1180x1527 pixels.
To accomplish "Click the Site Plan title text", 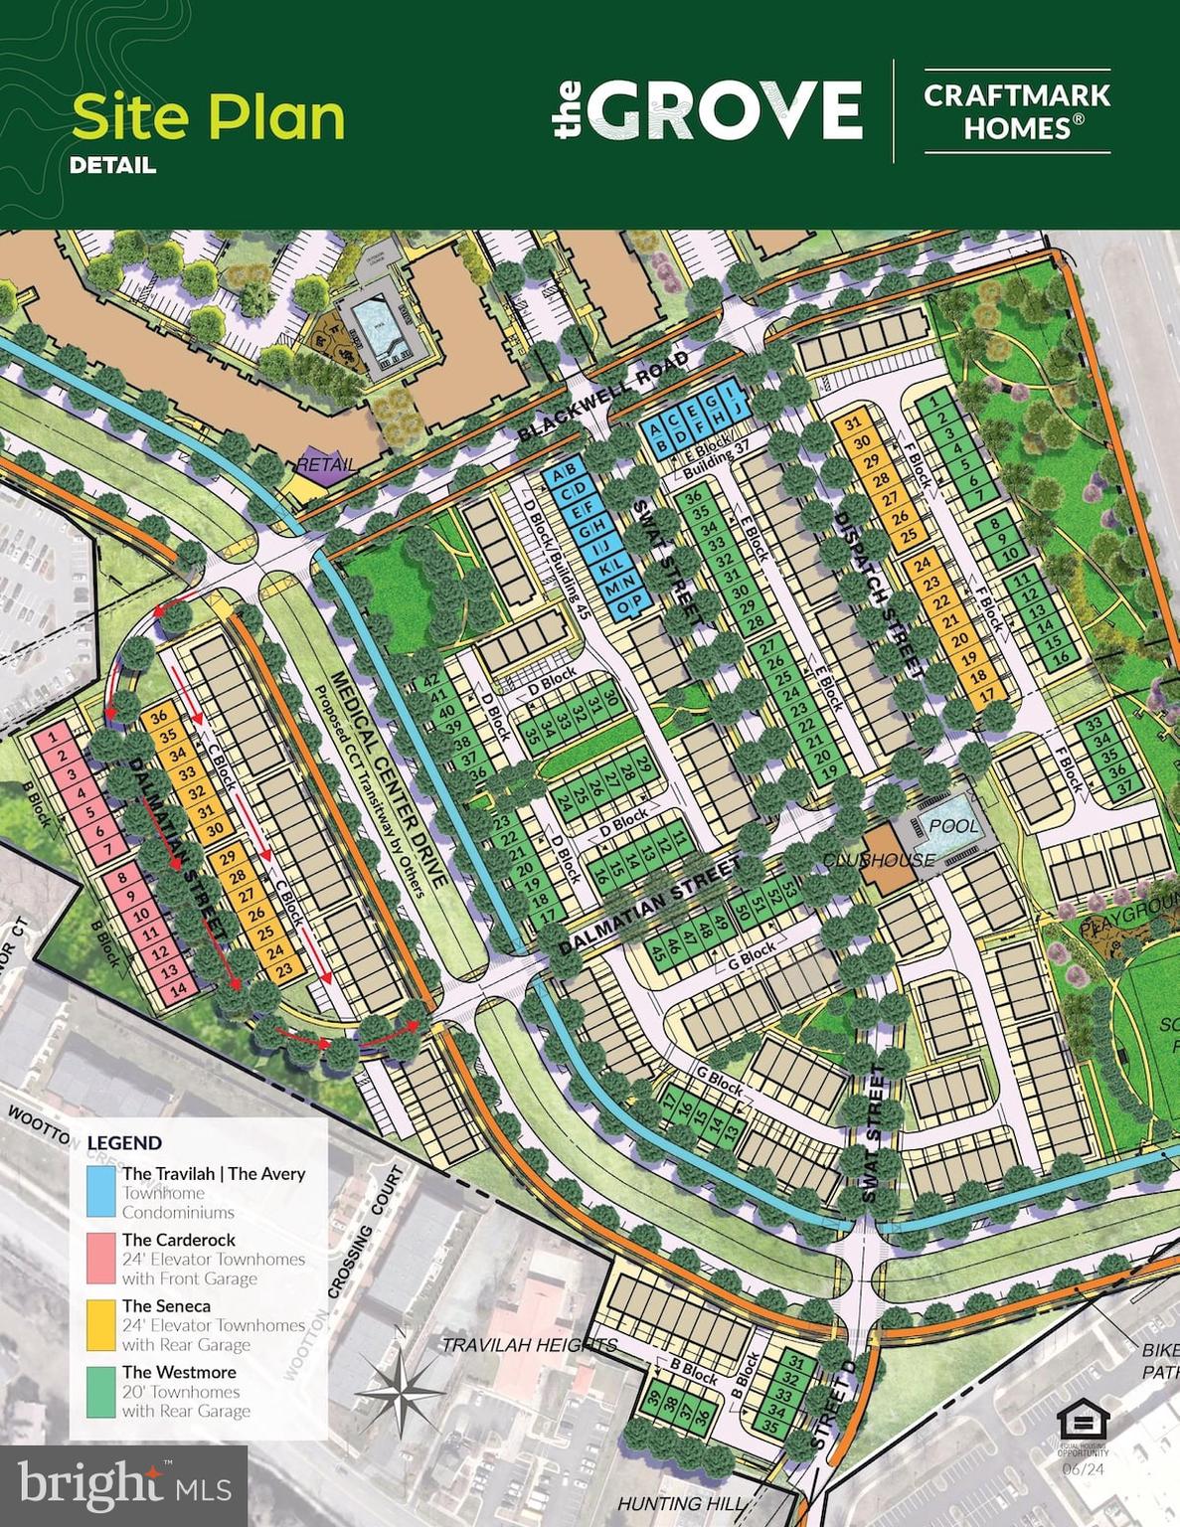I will [x=208, y=116].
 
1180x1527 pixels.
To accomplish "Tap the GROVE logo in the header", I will [x=707, y=110].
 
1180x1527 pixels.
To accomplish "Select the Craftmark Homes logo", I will [x=1016, y=110].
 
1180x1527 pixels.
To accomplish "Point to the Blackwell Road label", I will [x=603, y=396].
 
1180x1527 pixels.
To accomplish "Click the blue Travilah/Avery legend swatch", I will [x=100, y=1191].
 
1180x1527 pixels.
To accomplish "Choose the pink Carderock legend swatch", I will [x=100, y=1258].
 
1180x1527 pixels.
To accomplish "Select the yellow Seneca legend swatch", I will [x=100, y=1324].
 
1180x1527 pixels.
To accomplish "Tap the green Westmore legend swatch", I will [x=100, y=1391].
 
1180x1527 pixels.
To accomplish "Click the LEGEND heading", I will [x=124, y=1143].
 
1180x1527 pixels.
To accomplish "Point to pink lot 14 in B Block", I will [x=178, y=989].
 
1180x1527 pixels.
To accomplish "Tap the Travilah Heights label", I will [x=529, y=1345].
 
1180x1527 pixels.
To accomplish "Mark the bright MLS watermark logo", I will [x=123, y=1485].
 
